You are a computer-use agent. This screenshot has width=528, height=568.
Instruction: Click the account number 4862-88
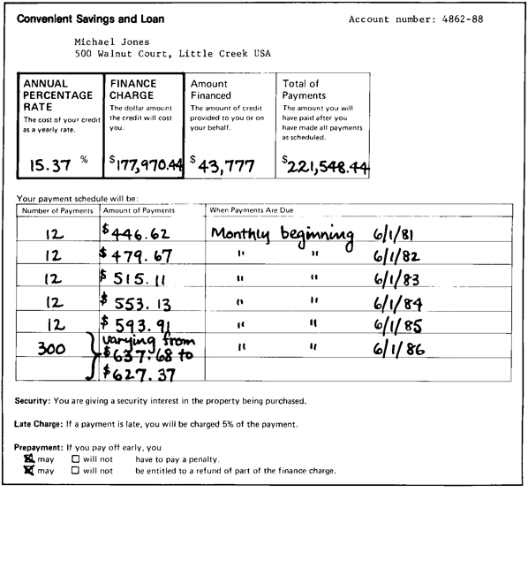(483, 19)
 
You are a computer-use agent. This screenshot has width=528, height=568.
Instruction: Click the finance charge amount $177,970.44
(147, 163)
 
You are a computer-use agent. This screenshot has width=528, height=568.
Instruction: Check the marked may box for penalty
(29, 459)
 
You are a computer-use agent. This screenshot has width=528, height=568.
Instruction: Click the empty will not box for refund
(76, 471)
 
